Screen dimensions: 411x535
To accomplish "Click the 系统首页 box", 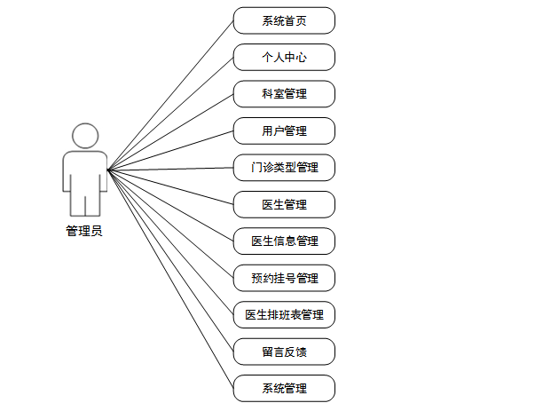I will click(x=284, y=20).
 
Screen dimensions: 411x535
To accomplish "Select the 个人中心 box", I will click(x=284, y=57).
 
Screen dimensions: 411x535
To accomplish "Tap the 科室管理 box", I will click(x=284, y=94).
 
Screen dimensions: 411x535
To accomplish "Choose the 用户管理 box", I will click(x=284, y=130).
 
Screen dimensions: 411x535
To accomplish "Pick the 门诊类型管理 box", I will click(x=284, y=167).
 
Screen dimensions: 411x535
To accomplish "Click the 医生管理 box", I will click(x=284, y=204).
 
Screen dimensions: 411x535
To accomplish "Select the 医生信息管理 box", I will click(x=284, y=241).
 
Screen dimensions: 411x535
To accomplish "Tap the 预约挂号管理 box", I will click(x=284, y=278).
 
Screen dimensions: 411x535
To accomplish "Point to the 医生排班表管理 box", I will click(x=284, y=314).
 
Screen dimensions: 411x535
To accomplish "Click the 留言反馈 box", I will click(x=284, y=352).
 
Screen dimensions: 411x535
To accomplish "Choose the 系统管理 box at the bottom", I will click(x=284, y=388).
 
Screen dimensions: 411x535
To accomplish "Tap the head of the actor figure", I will click(x=84, y=136).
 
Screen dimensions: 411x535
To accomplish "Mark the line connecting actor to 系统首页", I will click(x=170, y=94).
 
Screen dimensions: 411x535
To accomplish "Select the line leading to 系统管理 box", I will click(x=170, y=279).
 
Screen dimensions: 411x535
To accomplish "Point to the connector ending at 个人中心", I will click(x=170, y=113).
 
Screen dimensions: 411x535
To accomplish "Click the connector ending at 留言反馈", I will click(x=170, y=260).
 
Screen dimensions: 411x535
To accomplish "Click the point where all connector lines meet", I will click(x=107, y=169).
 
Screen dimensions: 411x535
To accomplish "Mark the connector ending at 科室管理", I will click(x=170, y=131).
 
